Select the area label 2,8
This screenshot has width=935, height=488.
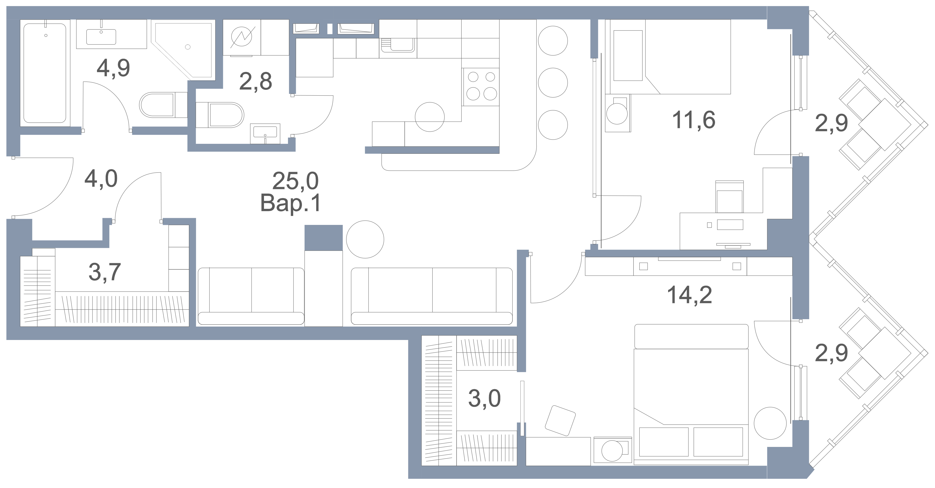click(256, 81)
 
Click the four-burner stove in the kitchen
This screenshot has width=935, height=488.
click(481, 87)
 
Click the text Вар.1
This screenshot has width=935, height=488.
click(291, 203)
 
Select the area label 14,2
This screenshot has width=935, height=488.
click(689, 295)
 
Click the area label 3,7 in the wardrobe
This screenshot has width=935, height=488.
click(105, 272)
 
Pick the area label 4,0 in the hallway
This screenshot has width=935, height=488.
click(101, 179)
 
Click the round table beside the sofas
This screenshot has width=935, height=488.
click(365, 239)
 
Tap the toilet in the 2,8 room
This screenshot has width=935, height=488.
click(220, 115)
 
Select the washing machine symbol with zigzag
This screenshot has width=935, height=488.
click(241, 37)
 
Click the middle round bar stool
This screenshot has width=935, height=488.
click(553, 83)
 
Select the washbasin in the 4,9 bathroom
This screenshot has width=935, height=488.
click(101, 36)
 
